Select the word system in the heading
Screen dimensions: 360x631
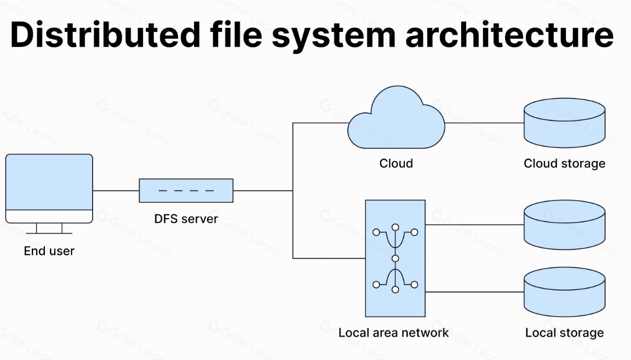(x=330, y=35)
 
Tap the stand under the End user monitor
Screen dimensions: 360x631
(x=49, y=228)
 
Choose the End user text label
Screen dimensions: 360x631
(x=49, y=252)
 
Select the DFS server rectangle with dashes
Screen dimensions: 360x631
(x=186, y=191)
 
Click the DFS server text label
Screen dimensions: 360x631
(x=186, y=219)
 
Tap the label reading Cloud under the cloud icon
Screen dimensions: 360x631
(x=396, y=163)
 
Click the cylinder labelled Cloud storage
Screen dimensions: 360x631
(x=565, y=123)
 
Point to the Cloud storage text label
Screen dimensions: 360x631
(x=565, y=163)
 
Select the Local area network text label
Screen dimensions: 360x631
(x=393, y=333)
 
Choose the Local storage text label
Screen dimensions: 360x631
(x=565, y=333)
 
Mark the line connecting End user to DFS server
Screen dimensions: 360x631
(x=116, y=191)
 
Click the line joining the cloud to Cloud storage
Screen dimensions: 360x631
(x=484, y=123)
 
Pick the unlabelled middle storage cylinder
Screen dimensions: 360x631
(x=565, y=225)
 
